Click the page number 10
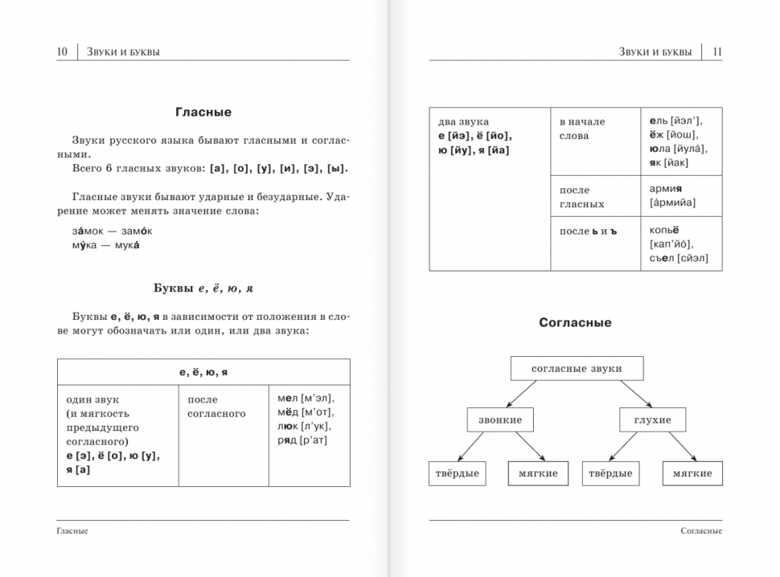(x=62, y=52)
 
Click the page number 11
(x=717, y=52)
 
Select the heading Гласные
(x=203, y=113)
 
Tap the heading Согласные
(x=575, y=322)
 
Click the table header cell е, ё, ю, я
(x=203, y=372)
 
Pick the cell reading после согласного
(x=216, y=407)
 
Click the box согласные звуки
(x=577, y=369)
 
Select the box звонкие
(x=499, y=419)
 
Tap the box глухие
(x=652, y=419)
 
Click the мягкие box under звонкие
(x=538, y=473)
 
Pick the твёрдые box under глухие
(x=610, y=473)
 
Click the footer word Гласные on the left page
(x=73, y=531)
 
